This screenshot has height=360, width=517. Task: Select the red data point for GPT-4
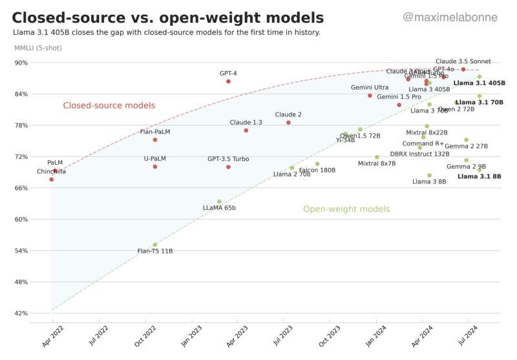228,81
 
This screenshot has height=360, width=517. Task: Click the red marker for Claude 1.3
246,131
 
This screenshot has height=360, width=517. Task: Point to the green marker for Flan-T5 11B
155,245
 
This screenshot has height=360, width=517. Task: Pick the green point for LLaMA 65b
219,202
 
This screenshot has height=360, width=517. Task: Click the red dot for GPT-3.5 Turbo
228,167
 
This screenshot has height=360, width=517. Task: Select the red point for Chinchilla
52,179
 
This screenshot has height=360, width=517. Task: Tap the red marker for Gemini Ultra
370,96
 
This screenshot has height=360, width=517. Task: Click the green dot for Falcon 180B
317,164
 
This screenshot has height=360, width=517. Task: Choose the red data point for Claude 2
288,122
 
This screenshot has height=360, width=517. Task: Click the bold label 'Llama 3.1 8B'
479,176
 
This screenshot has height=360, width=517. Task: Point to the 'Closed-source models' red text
109,105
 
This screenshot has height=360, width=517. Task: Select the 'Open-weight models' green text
346,209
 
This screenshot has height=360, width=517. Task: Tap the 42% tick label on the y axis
21,313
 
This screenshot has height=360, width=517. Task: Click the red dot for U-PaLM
155,167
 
